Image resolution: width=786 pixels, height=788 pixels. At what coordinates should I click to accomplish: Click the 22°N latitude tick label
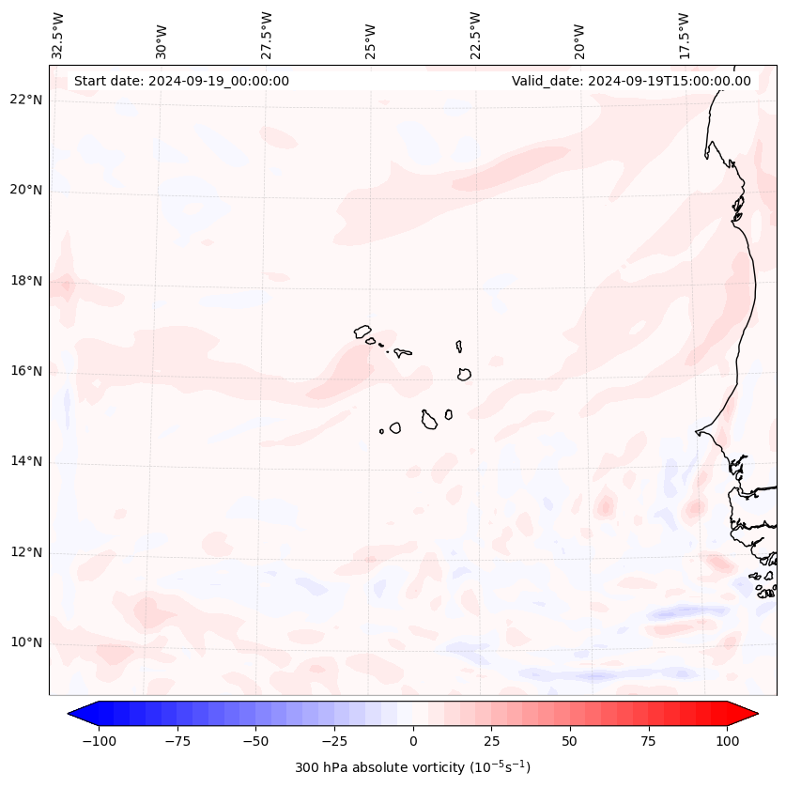[26, 100]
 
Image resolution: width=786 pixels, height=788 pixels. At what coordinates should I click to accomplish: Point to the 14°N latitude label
[26, 462]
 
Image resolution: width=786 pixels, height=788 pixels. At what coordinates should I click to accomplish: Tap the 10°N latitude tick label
[26, 643]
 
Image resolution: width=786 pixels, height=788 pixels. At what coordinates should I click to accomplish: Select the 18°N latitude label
[26, 281]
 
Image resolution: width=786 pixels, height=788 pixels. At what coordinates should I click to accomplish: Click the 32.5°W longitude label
[58, 36]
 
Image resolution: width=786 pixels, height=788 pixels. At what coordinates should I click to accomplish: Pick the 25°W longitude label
[371, 36]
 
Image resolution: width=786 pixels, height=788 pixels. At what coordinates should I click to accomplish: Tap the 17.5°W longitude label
[685, 36]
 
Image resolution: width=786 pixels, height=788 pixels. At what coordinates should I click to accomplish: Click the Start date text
[181, 81]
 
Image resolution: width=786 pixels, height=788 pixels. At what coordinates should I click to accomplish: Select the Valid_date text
[631, 81]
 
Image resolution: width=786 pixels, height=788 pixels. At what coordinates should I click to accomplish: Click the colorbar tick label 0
[413, 741]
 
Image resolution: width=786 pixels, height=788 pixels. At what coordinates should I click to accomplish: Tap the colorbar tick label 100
[727, 741]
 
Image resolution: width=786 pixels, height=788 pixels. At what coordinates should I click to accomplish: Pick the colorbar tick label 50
[570, 741]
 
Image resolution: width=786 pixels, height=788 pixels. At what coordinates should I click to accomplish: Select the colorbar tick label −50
[256, 741]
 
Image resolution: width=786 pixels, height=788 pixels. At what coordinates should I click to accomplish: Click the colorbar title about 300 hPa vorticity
[413, 767]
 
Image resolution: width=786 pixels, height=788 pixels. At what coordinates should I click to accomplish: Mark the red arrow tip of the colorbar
[755, 715]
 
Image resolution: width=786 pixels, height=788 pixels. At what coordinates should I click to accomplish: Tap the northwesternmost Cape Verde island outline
[362, 332]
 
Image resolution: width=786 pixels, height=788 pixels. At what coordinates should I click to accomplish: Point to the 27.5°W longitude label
[267, 36]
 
